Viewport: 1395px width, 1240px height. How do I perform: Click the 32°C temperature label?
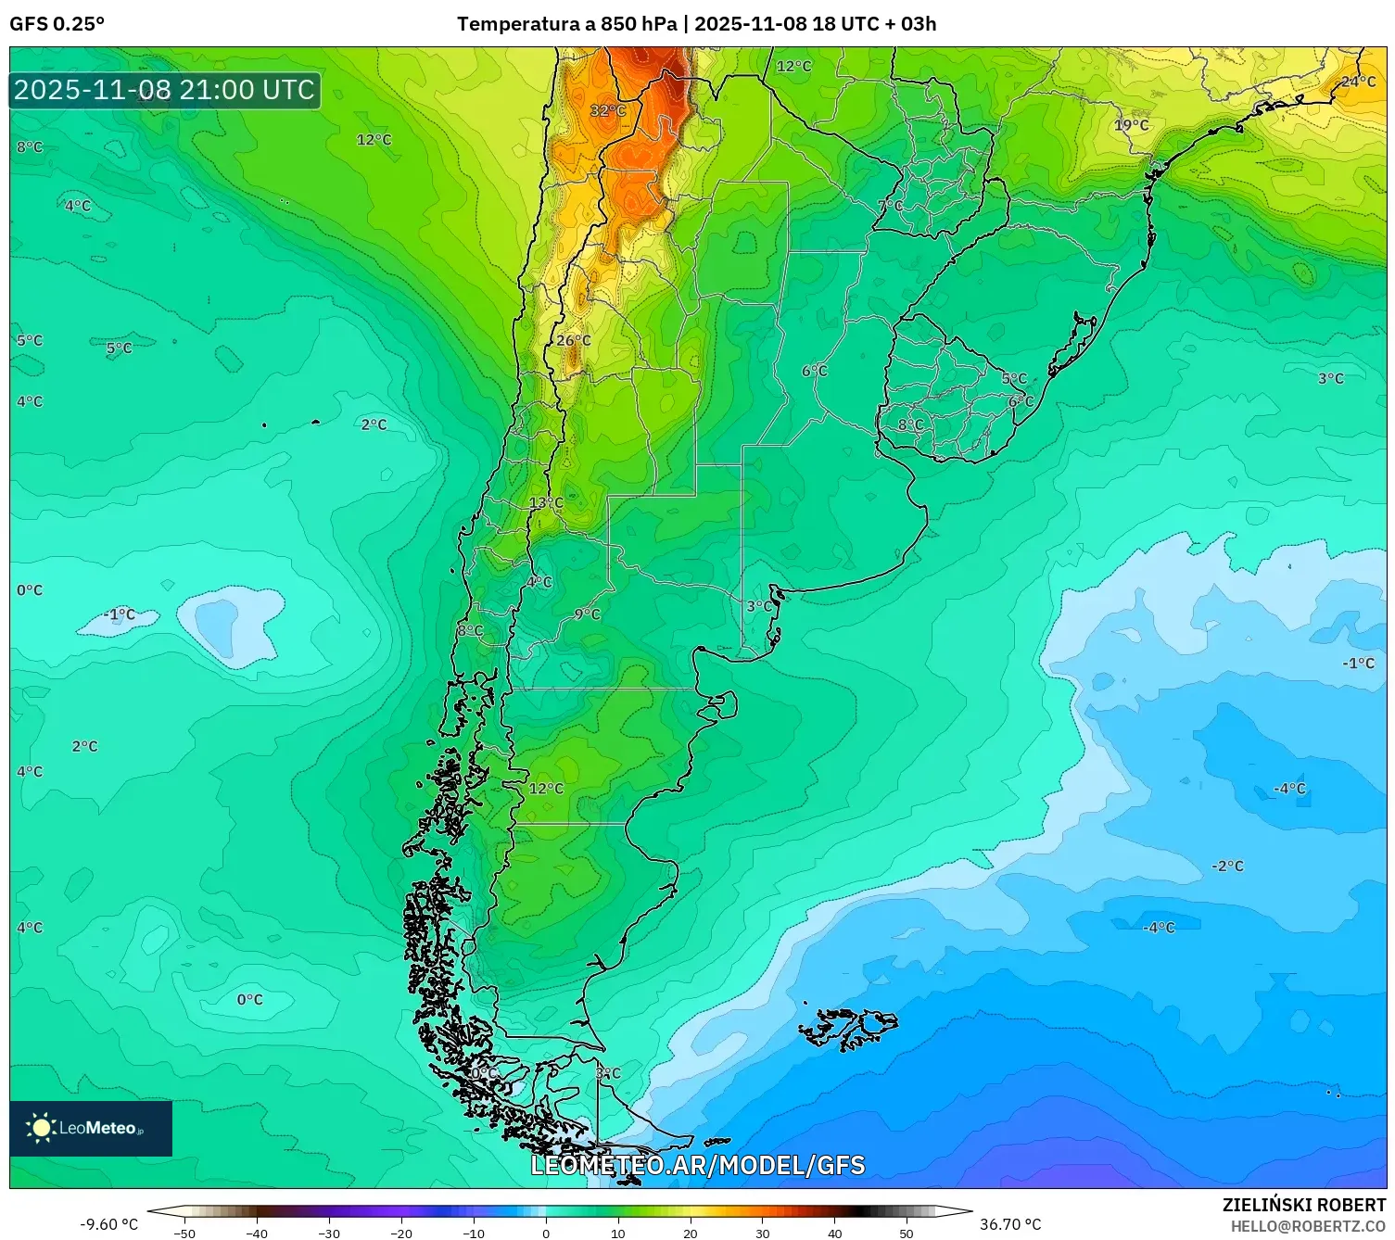click(x=608, y=111)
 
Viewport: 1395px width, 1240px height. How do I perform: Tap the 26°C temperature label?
click(x=573, y=340)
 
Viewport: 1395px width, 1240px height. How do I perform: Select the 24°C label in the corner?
click(x=1359, y=82)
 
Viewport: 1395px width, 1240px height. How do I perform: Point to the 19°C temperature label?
click(x=1131, y=125)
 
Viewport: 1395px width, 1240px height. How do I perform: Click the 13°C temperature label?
click(x=546, y=502)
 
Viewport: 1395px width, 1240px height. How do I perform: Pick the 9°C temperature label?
click(x=587, y=614)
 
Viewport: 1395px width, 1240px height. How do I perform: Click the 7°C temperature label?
click(x=890, y=205)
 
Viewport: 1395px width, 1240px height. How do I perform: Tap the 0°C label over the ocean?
click(x=249, y=999)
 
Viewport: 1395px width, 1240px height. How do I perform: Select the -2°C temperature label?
click(x=1227, y=866)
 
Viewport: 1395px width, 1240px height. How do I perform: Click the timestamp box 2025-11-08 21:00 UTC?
click(x=165, y=90)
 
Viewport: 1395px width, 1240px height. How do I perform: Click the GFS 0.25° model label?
click(x=57, y=24)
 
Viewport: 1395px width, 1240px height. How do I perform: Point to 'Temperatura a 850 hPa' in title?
click(x=566, y=24)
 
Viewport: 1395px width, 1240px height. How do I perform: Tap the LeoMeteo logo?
click(x=91, y=1128)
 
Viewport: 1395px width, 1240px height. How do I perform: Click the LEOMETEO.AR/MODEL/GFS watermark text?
click(x=697, y=1165)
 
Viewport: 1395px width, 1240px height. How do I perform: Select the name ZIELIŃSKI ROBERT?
click(x=1303, y=1205)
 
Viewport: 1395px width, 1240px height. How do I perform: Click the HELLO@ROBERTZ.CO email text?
click(x=1307, y=1226)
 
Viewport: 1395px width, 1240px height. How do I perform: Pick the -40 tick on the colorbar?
click(x=257, y=1233)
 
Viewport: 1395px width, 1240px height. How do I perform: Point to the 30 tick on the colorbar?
click(x=762, y=1233)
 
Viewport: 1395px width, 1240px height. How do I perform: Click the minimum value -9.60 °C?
click(x=108, y=1224)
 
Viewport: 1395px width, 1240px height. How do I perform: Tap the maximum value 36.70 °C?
click(x=1010, y=1224)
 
